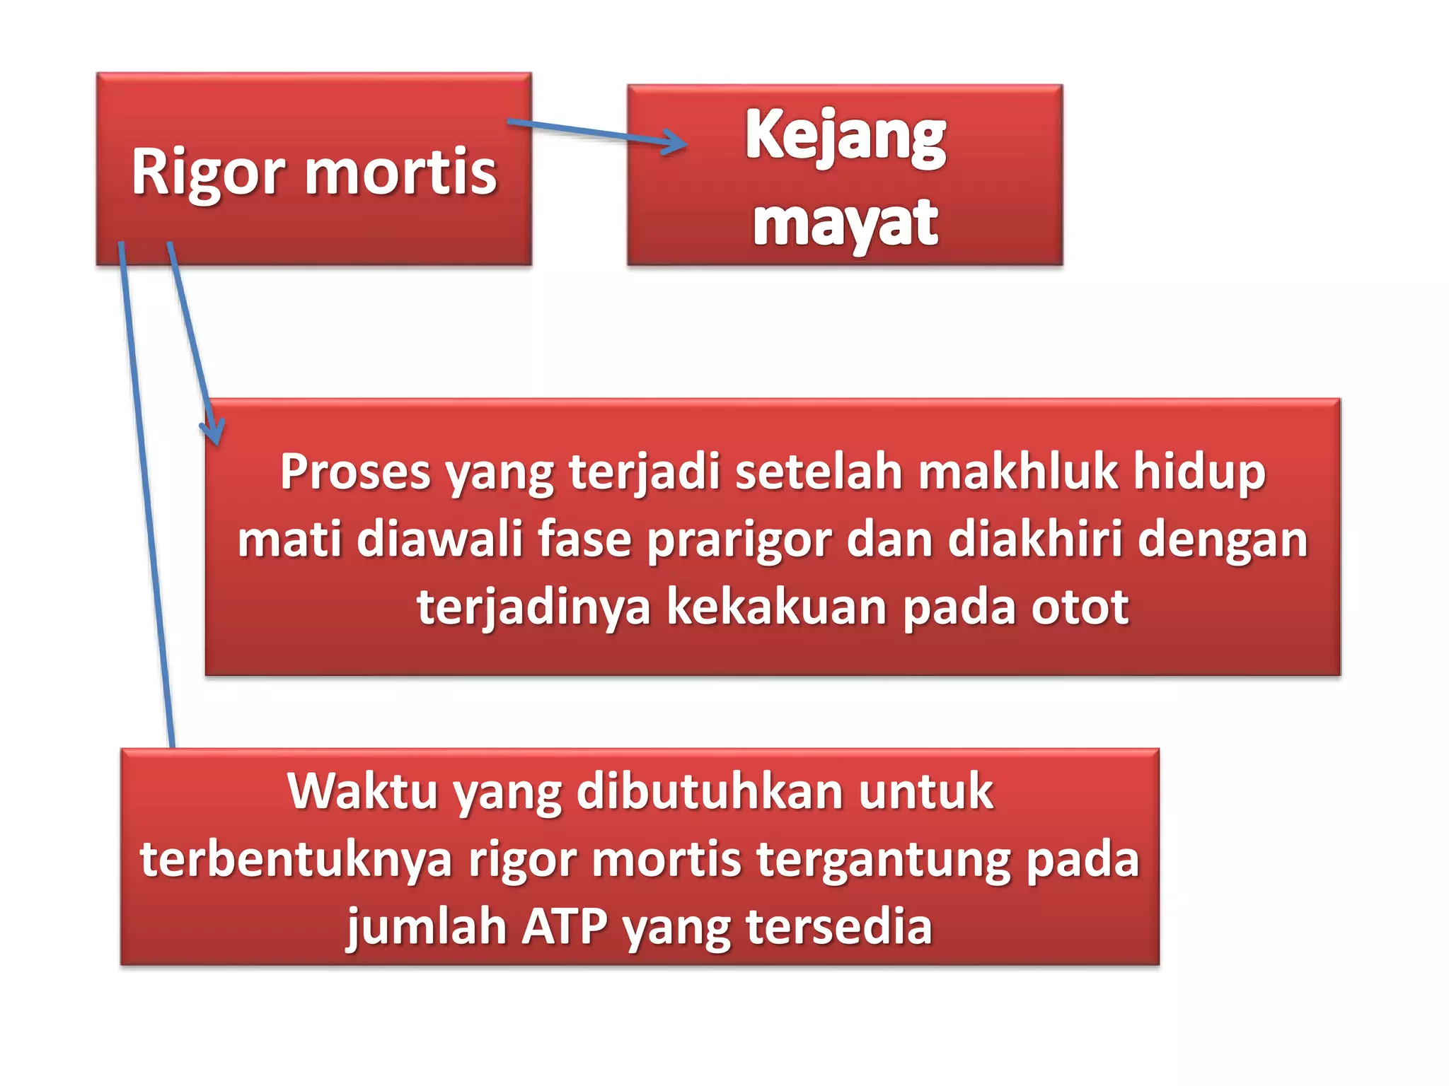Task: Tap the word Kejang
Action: (x=845, y=136)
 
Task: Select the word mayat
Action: (x=845, y=223)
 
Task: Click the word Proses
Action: (x=354, y=472)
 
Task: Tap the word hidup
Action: (x=1199, y=473)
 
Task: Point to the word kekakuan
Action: (x=776, y=607)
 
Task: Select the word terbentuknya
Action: (x=296, y=859)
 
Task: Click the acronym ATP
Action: (x=564, y=926)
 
